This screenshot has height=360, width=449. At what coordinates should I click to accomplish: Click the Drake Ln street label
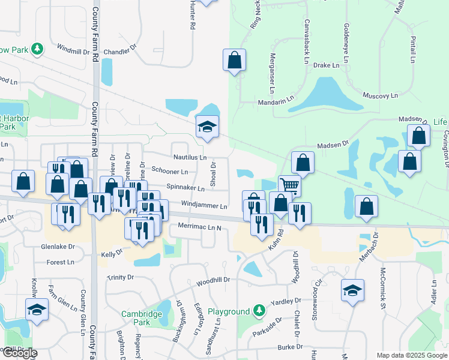(x=327, y=65)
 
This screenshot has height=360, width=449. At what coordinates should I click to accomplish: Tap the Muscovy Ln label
(x=381, y=95)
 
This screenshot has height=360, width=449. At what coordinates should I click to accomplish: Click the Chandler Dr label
(x=116, y=52)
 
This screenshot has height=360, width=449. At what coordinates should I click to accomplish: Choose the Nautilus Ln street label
(x=190, y=157)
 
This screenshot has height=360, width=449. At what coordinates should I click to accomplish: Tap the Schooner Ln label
(x=170, y=172)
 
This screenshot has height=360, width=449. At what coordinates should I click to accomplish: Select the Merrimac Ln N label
(x=200, y=227)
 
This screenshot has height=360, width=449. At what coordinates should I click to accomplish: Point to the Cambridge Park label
(x=142, y=317)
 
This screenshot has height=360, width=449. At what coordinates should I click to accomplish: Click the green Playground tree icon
(x=259, y=311)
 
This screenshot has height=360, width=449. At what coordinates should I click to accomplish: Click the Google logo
(x=19, y=353)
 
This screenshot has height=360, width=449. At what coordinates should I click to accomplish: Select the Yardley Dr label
(x=286, y=302)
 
